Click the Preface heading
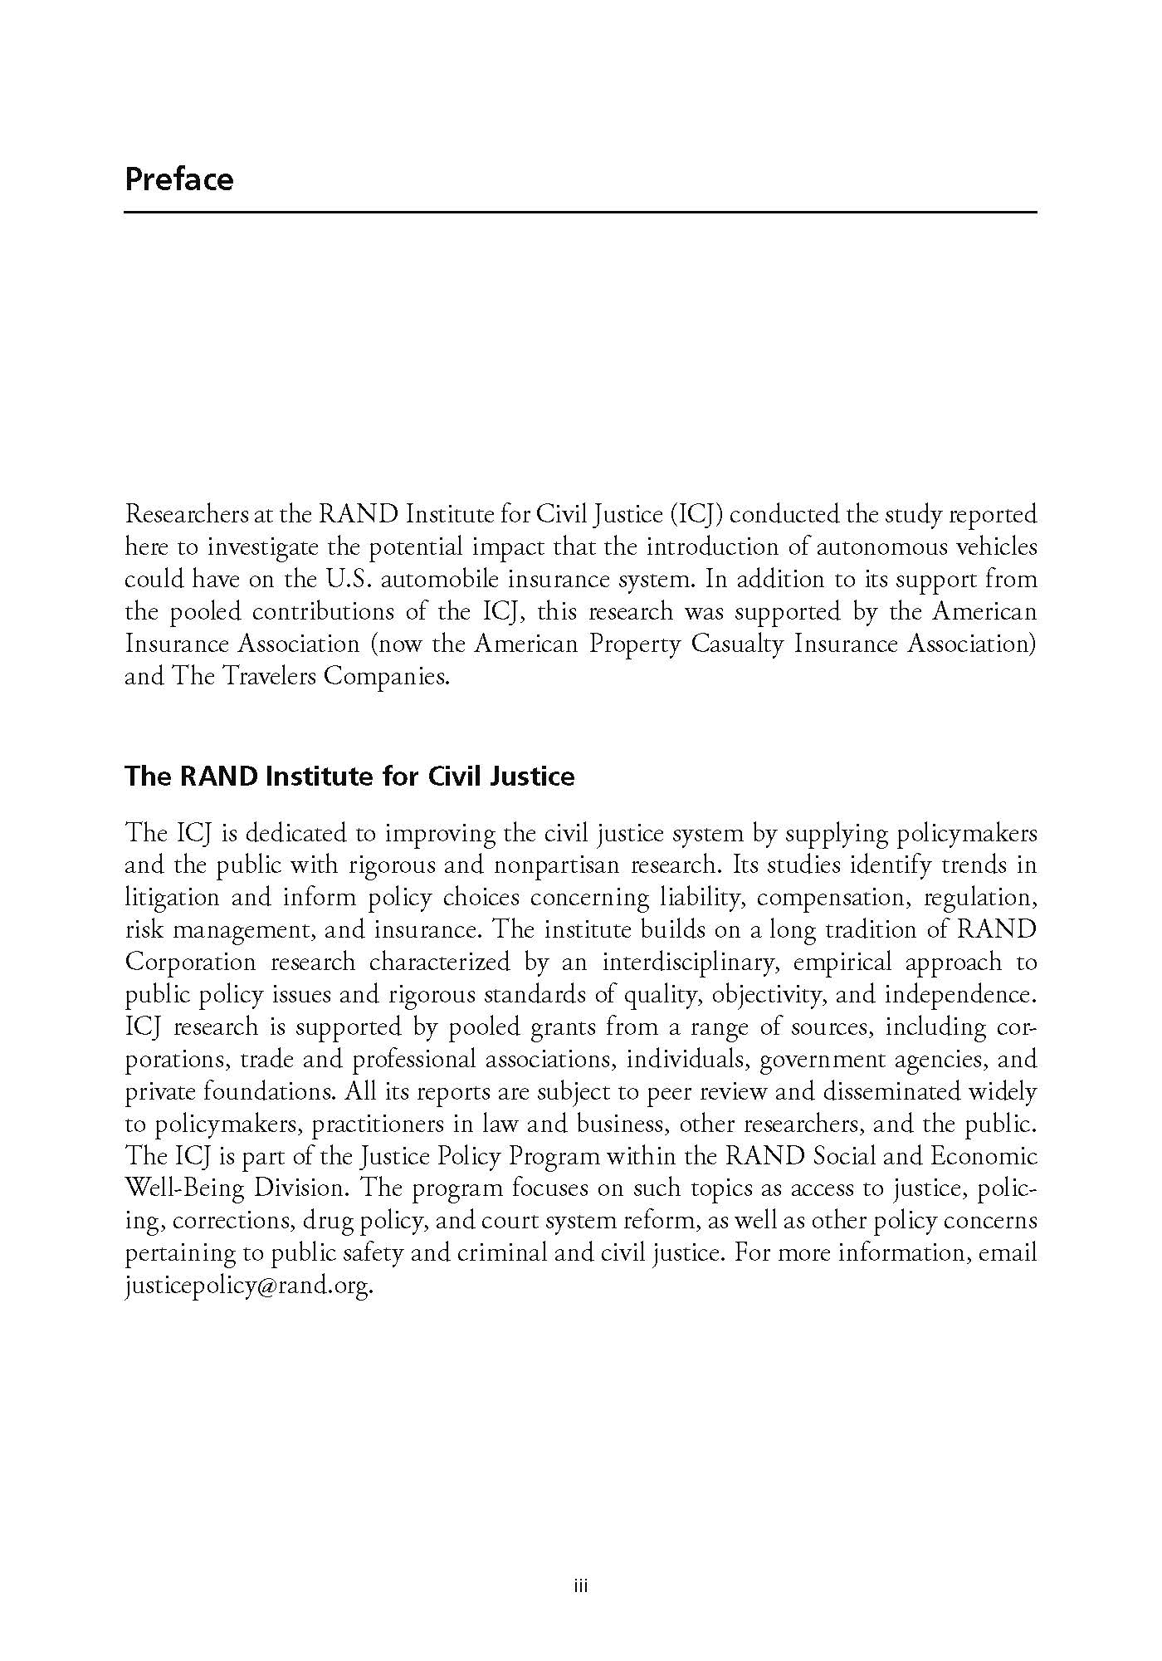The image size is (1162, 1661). click(x=179, y=179)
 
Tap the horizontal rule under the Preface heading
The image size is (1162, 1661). click(x=581, y=213)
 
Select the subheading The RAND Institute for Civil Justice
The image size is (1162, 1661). click(x=349, y=777)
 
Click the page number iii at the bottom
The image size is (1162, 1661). click(x=581, y=1587)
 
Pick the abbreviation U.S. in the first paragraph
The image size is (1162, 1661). click(x=342, y=580)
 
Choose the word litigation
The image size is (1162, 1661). click(x=172, y=898)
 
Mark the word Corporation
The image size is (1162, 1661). click(x=190, y=963)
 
